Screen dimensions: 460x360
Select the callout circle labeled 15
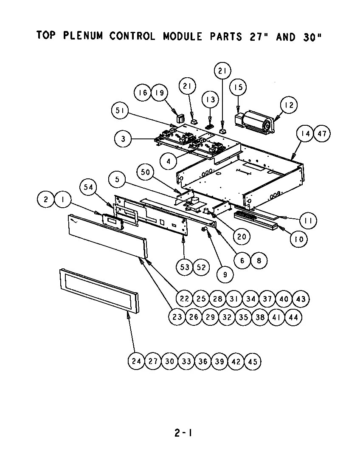238,87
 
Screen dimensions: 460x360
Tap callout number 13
210,100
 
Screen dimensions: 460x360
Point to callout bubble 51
120,111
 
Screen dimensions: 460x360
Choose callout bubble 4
169,161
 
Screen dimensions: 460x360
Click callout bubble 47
322,134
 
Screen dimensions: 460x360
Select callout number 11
308,220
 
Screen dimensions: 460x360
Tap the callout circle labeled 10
299,239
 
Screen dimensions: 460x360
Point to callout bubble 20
241,237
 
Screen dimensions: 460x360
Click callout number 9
225,274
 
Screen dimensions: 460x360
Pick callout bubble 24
136,361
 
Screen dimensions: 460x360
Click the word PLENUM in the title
83,36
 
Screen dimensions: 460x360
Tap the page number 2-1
183,433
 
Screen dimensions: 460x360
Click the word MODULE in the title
182,36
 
